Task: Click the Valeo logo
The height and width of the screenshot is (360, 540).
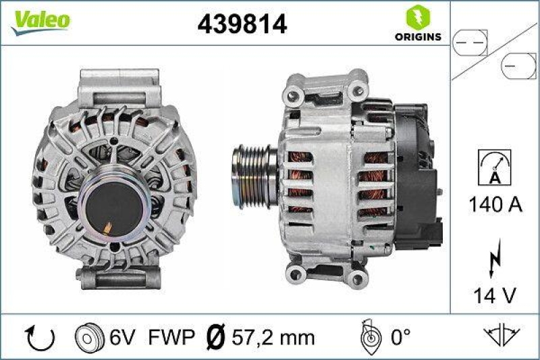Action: coord(39,20)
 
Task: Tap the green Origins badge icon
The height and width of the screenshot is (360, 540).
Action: coord(415,16)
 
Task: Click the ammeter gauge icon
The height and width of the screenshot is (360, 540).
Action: coord(494,166)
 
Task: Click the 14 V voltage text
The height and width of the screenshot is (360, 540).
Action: coord(494,294)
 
